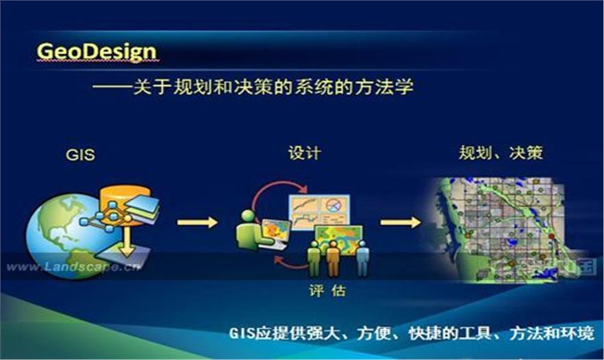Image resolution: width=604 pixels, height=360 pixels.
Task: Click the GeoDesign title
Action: coord(97,51)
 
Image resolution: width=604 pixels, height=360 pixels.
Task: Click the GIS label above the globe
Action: coord(80,155)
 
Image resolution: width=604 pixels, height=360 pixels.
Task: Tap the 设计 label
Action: coord(304,153)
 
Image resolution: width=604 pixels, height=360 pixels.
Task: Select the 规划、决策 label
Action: coord(501,153)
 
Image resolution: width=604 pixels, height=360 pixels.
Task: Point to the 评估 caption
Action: coord(327,290)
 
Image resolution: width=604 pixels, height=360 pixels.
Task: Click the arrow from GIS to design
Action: coord(197,222)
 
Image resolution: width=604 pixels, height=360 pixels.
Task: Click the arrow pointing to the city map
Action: coord(401,222)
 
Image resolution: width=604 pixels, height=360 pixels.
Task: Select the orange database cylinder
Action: coord(124,204)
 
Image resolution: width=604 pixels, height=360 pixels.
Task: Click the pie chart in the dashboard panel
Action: coord(333,205)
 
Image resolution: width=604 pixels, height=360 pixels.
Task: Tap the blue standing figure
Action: coord(362,258)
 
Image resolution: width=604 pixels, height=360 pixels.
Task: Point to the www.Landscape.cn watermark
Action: coord(73,266)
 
